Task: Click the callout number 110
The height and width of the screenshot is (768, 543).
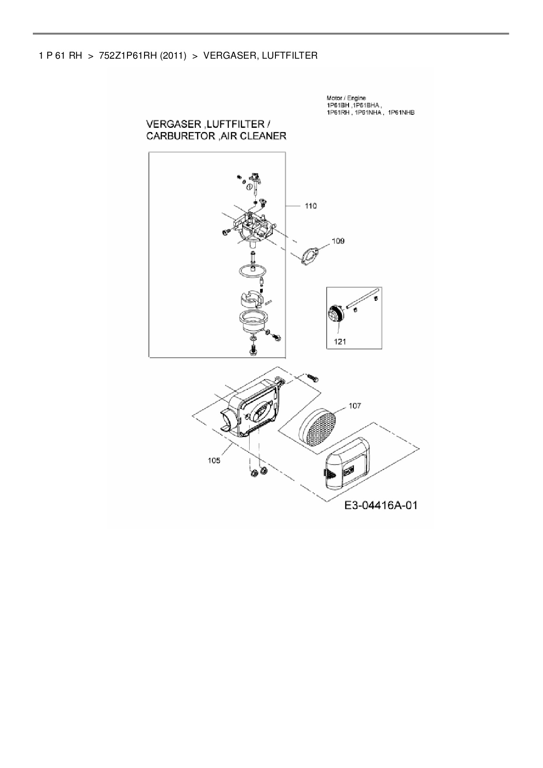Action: [x=310, y=206]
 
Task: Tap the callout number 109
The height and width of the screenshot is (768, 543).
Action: [x=338, y=241]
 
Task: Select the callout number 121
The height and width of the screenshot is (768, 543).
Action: [x=340, y=342]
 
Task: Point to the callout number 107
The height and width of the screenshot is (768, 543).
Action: [x=355, y=406]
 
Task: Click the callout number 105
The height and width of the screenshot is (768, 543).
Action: [x=214, y=460]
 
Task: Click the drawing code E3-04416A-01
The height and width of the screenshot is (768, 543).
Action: [x=381, y=505]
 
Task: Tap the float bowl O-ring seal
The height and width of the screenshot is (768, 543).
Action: [x=253, y=271]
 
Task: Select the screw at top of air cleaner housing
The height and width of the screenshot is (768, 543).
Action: [x=313, y=377]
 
